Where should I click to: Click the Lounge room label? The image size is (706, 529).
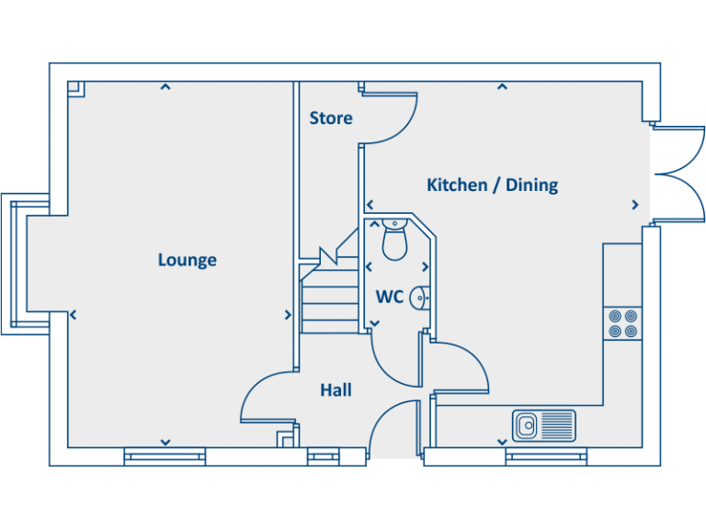pos(187,260)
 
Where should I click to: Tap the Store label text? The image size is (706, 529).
pos(331,118)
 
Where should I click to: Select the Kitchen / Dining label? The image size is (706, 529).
pos(492,185)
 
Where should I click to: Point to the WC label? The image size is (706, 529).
pos(389,297)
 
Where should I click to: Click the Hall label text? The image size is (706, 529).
pos(336,390)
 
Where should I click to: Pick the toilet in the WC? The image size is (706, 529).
pos(394,240)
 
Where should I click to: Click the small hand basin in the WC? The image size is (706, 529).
pos(419,298)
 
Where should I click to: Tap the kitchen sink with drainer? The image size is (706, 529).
pos(543,424)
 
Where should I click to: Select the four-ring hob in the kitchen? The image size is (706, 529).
pos(622,324)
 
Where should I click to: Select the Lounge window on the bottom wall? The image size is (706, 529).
pos(165,456)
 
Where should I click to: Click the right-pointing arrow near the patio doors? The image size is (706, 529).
pos(634,205)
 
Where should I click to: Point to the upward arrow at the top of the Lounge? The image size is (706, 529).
pos(165,87)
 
